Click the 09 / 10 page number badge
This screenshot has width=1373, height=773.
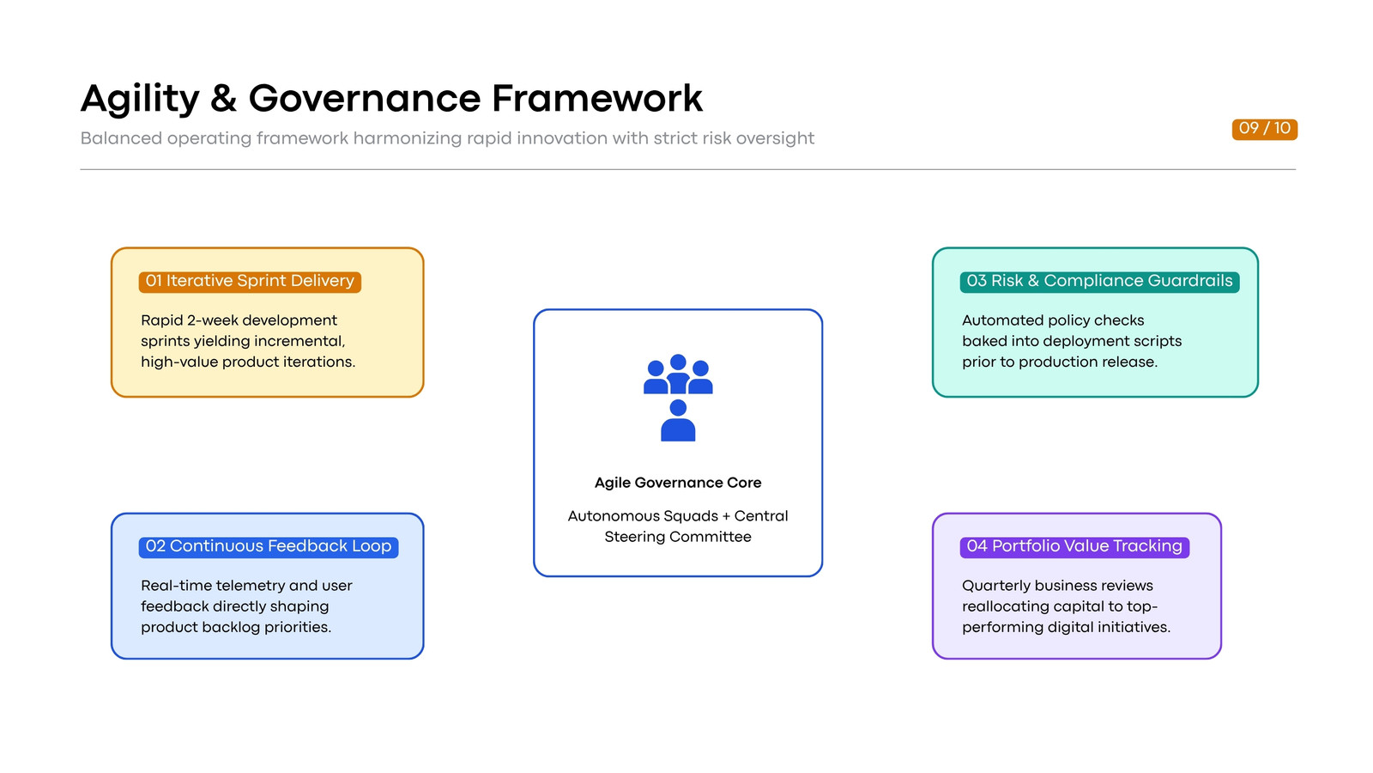click(x=1265, y=129)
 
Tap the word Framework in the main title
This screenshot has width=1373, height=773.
click(x=597, y=98)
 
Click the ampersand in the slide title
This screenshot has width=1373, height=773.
click(x=223, y=99)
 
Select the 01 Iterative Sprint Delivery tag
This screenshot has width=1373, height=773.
click(x=250, y=282)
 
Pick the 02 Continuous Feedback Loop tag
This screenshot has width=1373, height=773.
click(x=269, y=546)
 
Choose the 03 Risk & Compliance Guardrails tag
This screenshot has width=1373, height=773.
click(x=1099, y=282)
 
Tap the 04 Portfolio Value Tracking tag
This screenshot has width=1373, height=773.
click(x=1074, y=546)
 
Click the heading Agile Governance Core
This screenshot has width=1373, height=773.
click(x=678, y=483)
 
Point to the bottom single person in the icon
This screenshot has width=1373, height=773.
click(x=678, y=421)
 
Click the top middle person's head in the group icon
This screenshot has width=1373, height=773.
click(x=678, y=362)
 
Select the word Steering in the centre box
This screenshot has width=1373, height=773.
click(x=634, y=538)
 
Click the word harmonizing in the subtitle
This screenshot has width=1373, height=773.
click(x=407, y=138)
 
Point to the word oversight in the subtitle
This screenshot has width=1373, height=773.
click(x=775, y=138)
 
